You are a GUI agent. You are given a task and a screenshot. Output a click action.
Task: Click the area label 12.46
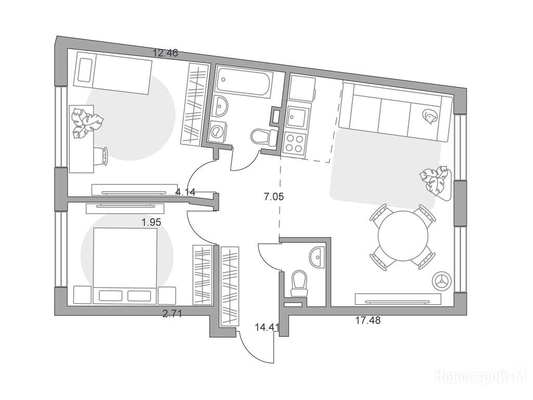pos(165,53)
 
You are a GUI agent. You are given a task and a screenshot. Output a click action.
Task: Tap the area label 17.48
pos(368,320)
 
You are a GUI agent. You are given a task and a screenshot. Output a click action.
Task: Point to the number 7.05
pos(274,196)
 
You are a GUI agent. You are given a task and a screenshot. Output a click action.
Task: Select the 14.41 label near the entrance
pos(267,328)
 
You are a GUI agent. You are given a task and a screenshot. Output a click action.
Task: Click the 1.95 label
pos(151,222)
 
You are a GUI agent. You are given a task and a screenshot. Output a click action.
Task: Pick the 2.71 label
pos(172,313)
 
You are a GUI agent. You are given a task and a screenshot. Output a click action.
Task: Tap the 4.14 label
pos(185,192)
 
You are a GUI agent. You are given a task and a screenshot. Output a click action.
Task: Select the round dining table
pos(403,236)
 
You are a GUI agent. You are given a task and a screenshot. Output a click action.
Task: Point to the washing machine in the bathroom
pos(217,130)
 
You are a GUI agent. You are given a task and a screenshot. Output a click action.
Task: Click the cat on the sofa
pos(429,116)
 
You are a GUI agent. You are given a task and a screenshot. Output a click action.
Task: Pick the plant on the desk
pos(86,122)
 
